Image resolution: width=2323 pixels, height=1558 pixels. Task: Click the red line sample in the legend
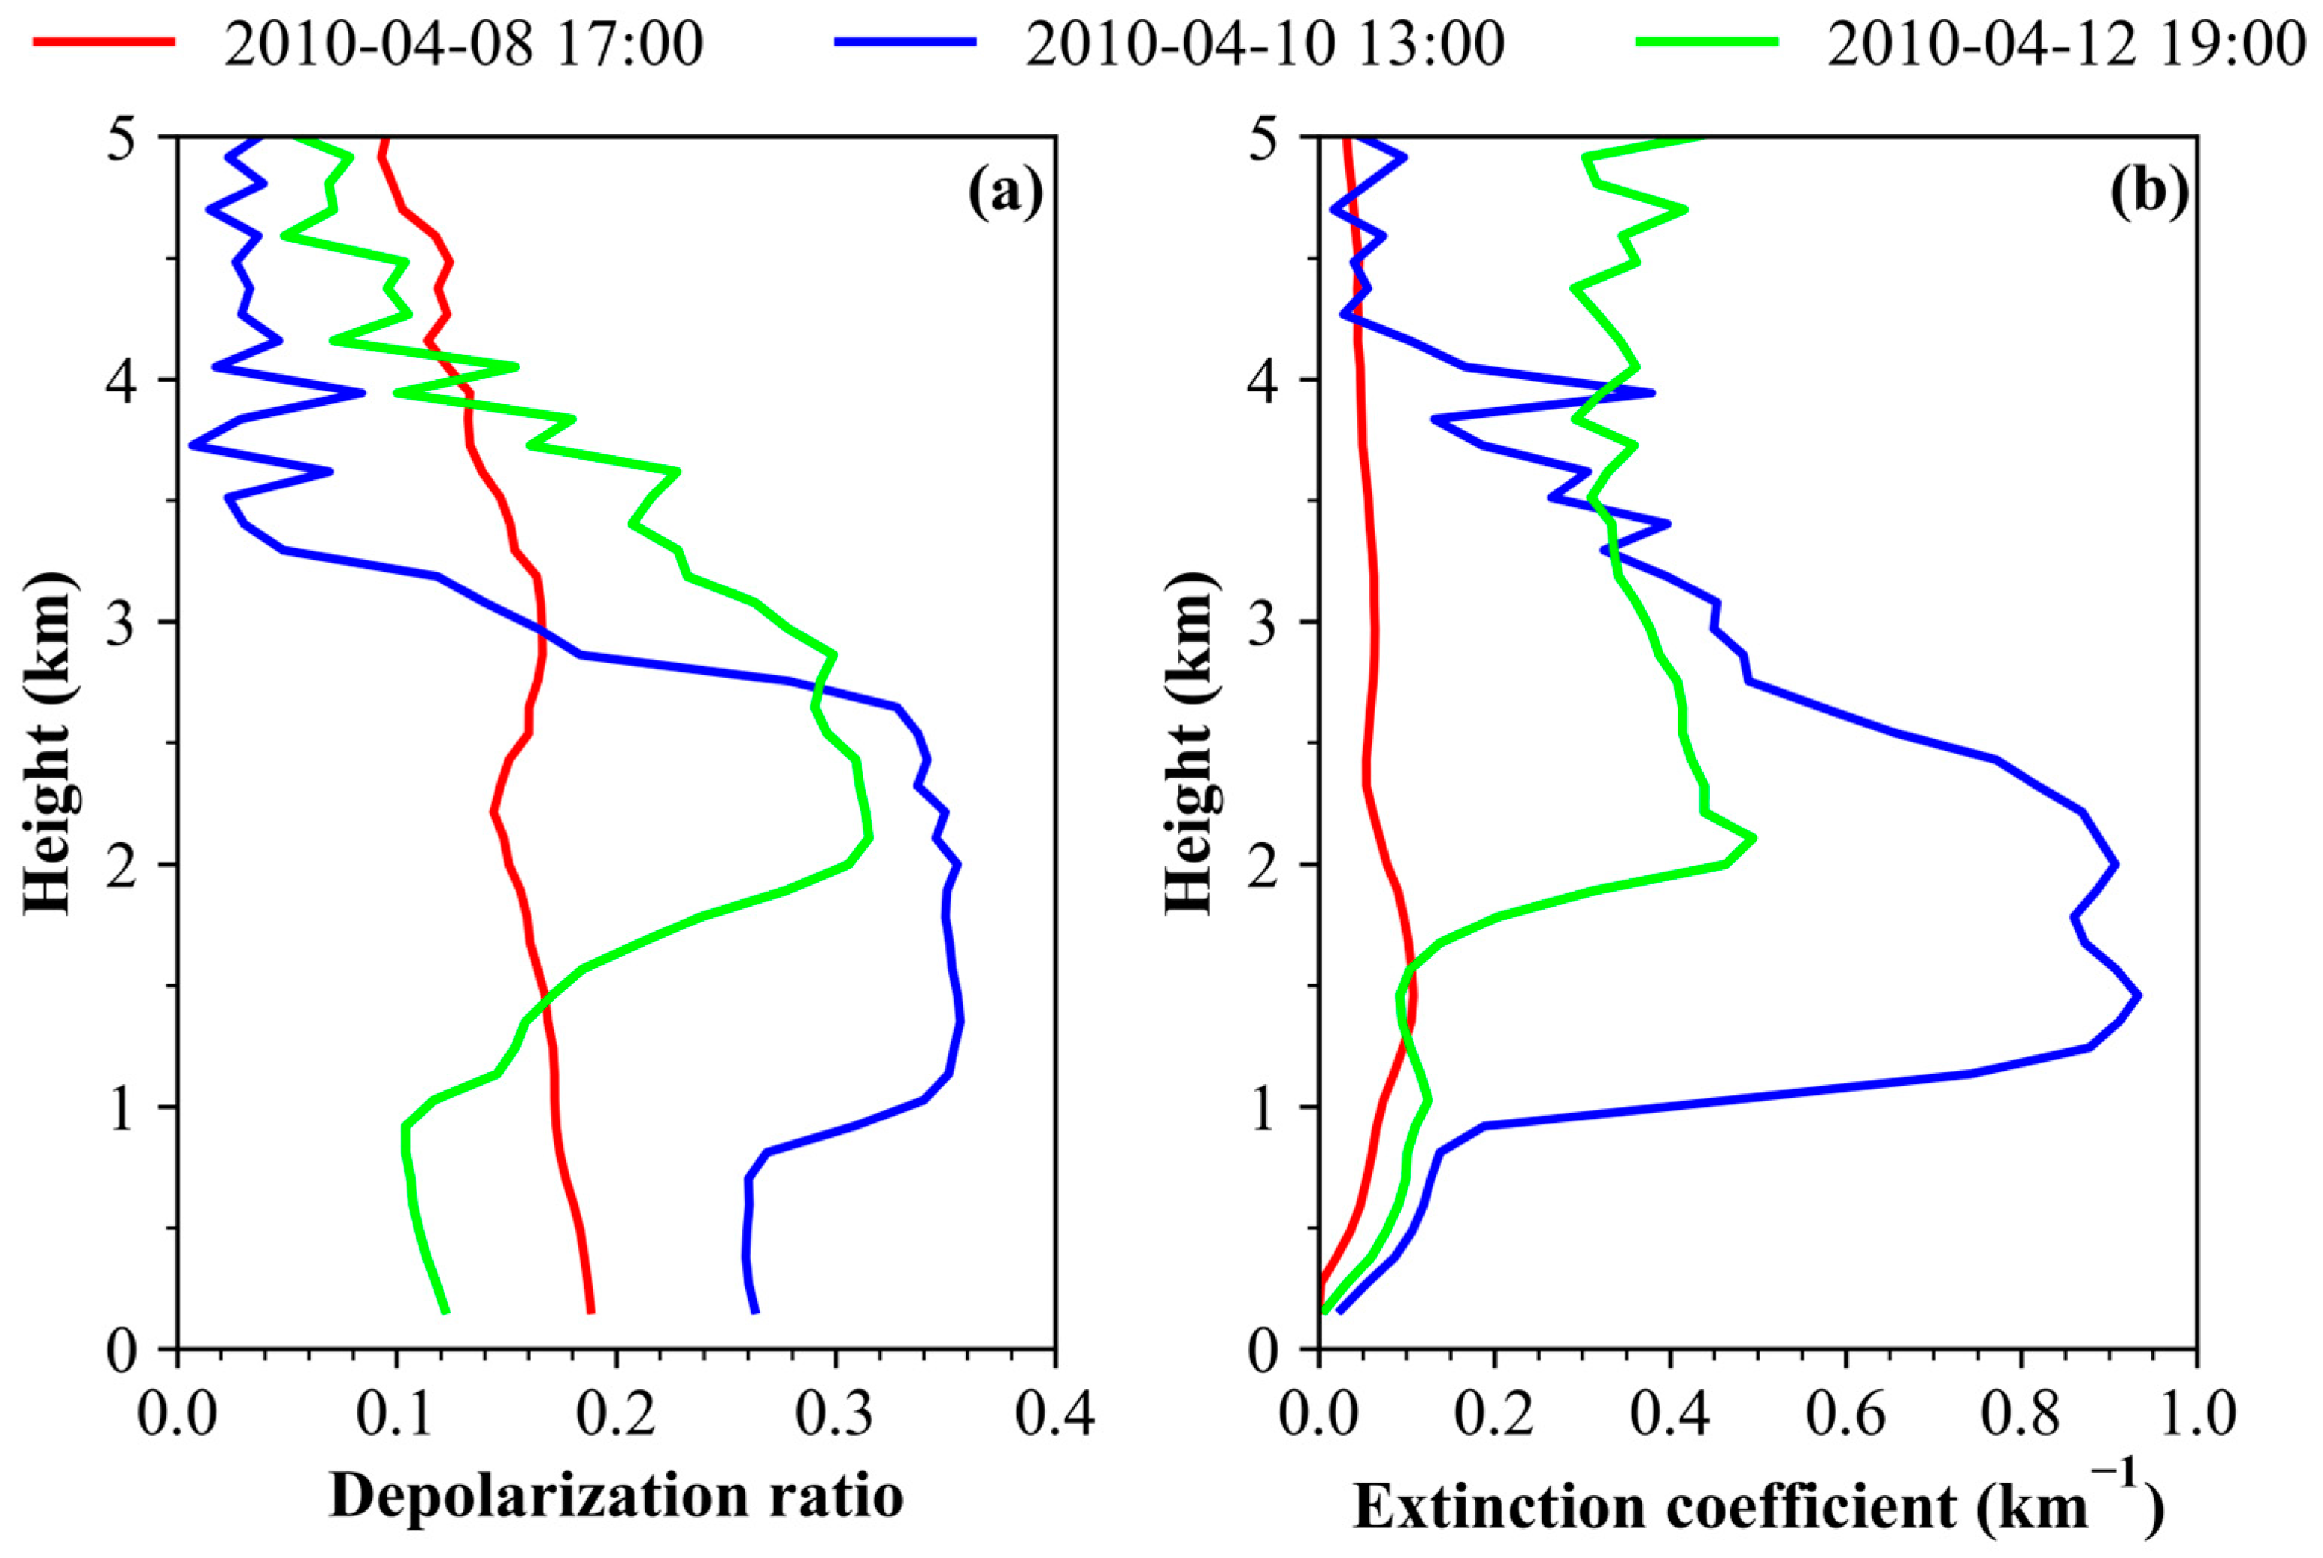(104, 42)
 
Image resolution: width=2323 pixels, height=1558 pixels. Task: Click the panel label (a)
(1004, 192)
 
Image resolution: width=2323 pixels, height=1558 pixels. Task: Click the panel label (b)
(2148, 192)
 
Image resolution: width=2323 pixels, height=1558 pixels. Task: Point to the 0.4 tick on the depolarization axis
(1054, 1414)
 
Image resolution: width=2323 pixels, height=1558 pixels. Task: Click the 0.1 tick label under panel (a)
(396, 1414)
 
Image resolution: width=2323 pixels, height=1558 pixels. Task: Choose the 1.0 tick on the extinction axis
(2195, 1414)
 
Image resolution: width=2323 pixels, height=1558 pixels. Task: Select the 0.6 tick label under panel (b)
(1844, 1414)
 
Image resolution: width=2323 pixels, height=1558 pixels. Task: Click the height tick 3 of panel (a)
(121, 624)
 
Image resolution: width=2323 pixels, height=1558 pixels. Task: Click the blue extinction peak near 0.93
(2137, 995)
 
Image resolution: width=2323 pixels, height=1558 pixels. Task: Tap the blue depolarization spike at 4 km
(362, 392)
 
